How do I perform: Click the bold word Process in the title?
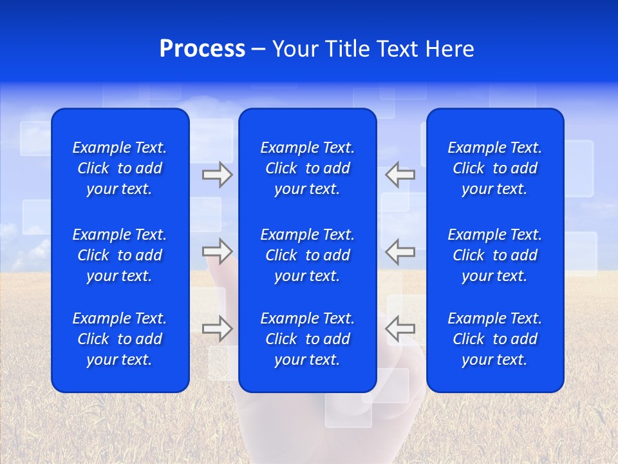coord(202,49)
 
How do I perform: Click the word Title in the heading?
coord(348,49)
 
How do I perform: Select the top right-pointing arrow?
coord(217,175)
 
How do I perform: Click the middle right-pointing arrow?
coord(217,251)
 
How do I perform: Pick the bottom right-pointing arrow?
coord(217,328)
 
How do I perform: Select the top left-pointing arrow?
coord(400,175)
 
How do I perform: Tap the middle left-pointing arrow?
coord(400,251)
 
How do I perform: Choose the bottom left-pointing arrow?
coord(400,328)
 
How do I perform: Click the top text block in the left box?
coord(120,168)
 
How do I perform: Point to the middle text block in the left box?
coord(120,255)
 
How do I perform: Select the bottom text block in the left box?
coord(120,339)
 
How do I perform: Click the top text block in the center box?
coord(307,168)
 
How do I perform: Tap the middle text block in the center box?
coord(307,255)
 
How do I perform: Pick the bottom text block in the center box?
coord(307,339)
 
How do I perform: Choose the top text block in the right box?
coord(494,168)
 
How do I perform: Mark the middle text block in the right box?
coord(494,255)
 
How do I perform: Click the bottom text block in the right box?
coord(494,339)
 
